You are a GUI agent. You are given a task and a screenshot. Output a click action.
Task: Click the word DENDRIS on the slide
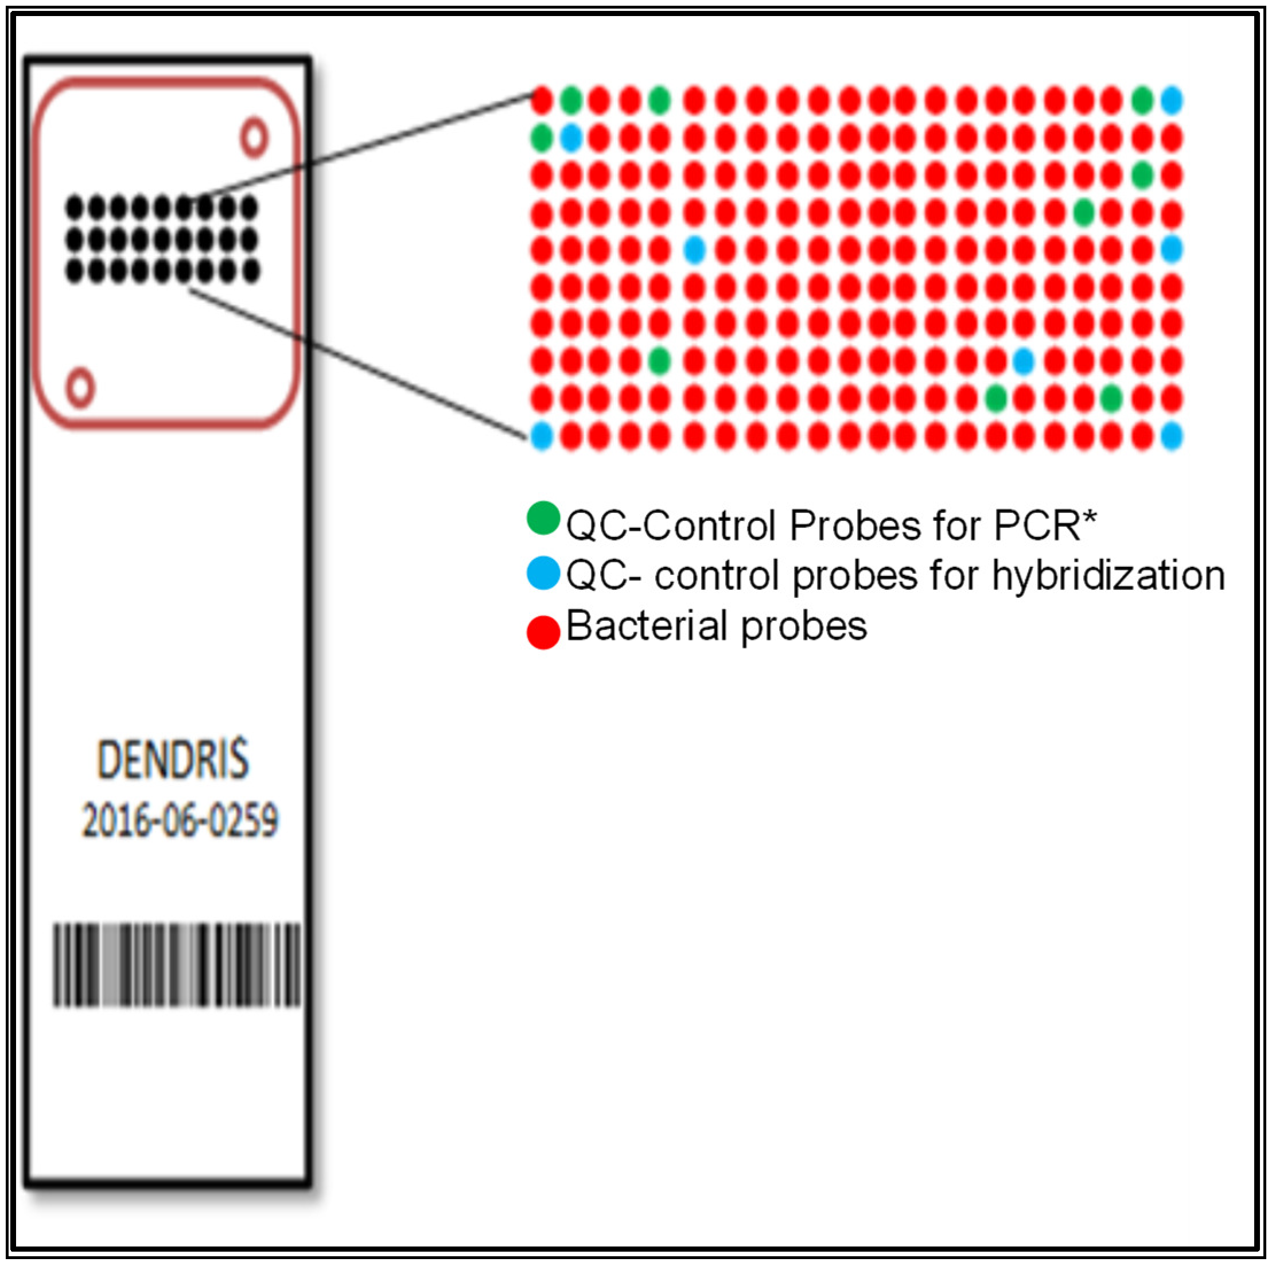point(173,759)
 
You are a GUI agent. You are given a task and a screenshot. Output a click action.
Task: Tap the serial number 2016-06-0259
point(180,820)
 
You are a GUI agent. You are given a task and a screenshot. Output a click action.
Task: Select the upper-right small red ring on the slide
point(254,137)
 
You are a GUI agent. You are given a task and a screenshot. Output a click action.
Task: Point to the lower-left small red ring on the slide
point(80,387)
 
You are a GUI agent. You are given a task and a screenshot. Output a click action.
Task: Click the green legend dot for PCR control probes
point(543,518)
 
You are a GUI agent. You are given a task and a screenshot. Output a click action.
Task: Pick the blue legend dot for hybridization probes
point(543,572)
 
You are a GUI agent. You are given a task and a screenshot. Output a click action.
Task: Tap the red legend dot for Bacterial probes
point(543,633)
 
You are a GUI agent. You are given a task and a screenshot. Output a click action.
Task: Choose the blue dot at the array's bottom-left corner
point(541,436)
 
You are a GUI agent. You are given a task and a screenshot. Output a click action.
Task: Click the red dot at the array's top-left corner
point(541,100)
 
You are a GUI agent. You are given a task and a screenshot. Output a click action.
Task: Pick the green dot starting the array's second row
point(541,138)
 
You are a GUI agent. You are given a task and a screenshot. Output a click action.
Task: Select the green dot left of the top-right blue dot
point(1142,100)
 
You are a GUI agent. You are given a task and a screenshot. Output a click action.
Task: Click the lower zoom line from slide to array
point(356,362)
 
